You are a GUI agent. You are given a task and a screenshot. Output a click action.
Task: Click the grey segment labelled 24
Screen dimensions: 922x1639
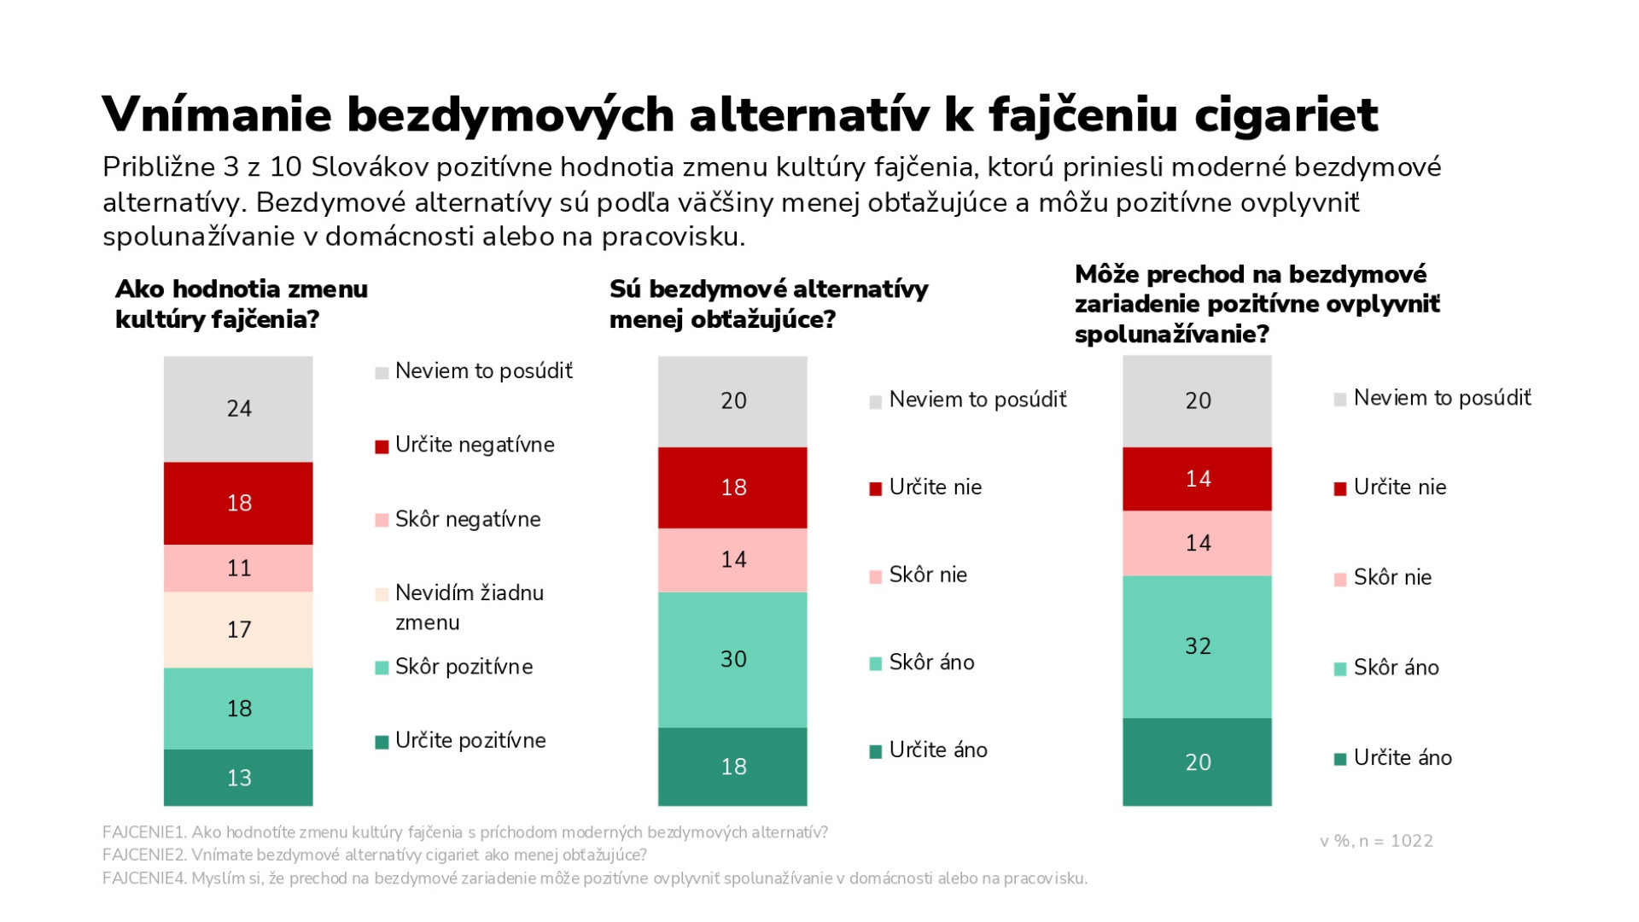click(238, 409)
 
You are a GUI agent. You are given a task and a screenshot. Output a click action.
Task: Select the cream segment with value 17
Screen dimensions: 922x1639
click(238, 630)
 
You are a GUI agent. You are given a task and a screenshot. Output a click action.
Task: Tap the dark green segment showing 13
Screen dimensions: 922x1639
click(238, 778)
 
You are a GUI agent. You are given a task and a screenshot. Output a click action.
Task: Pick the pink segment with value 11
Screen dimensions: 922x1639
click(238, 569)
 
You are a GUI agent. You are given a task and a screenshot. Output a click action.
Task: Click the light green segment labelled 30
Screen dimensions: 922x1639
click(732, 659)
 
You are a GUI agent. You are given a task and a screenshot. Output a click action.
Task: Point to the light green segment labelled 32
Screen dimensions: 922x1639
click(1197, 646)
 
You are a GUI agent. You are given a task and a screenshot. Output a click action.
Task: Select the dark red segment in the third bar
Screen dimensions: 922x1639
click(1197, 479)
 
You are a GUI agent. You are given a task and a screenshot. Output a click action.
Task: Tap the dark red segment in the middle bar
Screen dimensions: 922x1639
click(732, 487)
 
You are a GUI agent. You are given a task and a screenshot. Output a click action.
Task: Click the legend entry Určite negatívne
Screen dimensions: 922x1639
click(474, 446)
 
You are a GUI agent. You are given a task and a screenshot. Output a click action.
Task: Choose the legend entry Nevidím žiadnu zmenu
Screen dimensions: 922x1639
click(469, 607)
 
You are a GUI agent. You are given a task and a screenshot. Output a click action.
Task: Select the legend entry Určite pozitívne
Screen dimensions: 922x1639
click(470, 741)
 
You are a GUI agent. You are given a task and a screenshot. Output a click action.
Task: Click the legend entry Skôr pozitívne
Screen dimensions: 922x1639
click(464, 667)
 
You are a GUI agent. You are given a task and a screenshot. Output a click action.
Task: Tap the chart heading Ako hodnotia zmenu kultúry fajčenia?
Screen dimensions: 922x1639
click(242, 304)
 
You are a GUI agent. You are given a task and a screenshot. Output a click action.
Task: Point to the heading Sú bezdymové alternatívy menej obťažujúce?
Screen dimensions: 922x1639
click(768, 304)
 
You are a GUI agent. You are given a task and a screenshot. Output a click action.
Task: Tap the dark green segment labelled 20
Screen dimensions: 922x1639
click(1197, 762)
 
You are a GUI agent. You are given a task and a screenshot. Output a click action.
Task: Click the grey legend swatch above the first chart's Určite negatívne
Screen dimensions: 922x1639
click(382, 373)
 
